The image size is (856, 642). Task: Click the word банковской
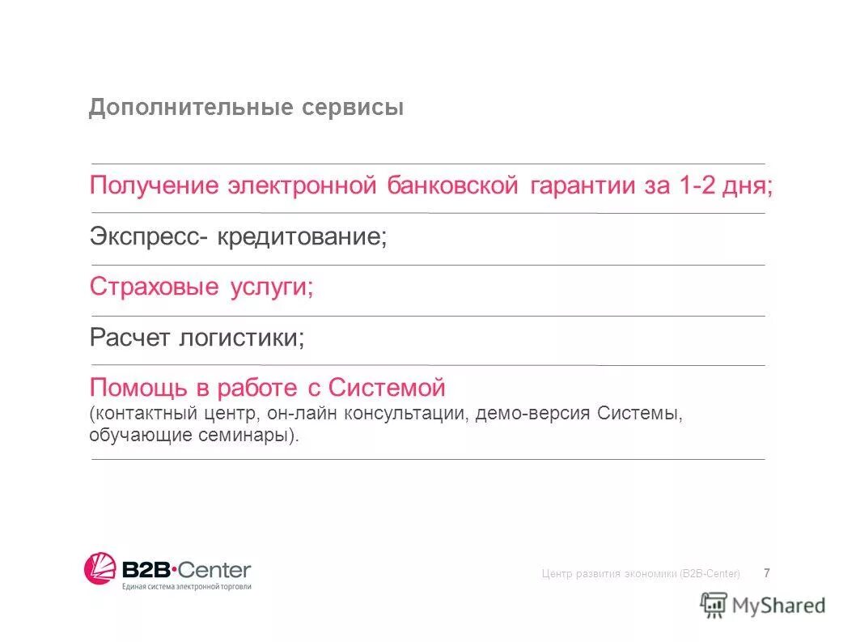click(451, 185)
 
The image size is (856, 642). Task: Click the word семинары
click(250, 436)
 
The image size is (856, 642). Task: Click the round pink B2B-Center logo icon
click(100, 568)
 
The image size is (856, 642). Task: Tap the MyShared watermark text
click(778, 604)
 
